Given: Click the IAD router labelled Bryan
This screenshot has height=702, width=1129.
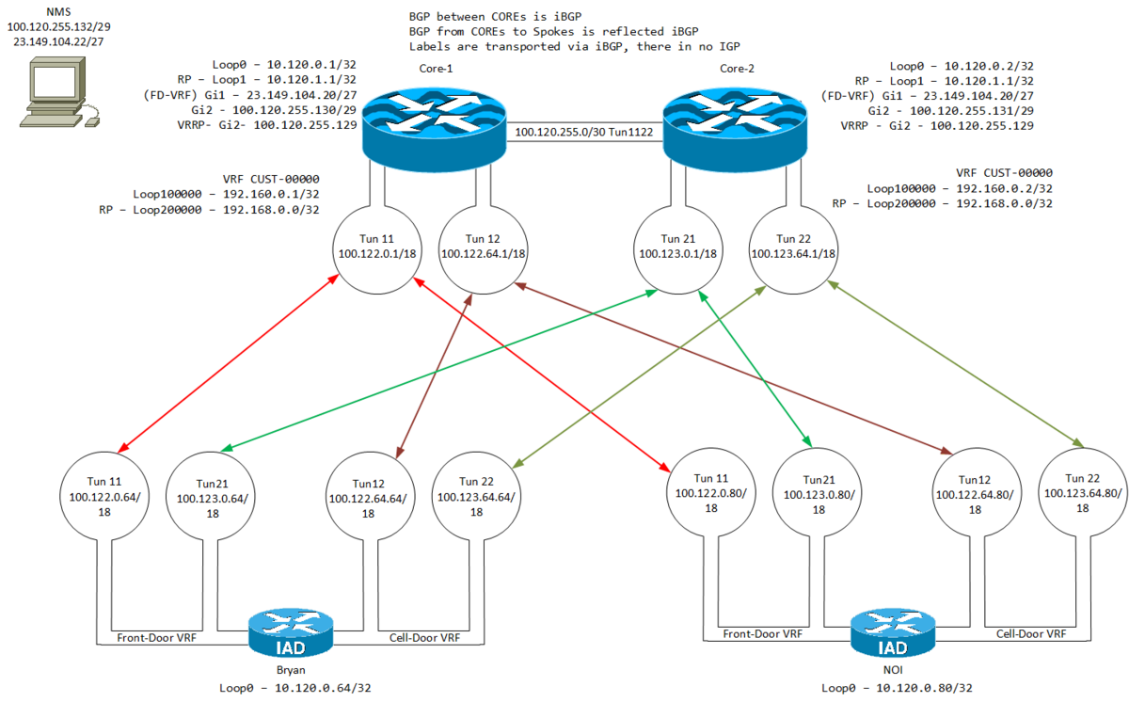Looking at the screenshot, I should click(291, 635).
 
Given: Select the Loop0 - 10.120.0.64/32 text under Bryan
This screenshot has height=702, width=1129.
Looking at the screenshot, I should click(291, 688).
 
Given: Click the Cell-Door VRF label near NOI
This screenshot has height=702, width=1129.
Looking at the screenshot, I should click(1030, 633).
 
